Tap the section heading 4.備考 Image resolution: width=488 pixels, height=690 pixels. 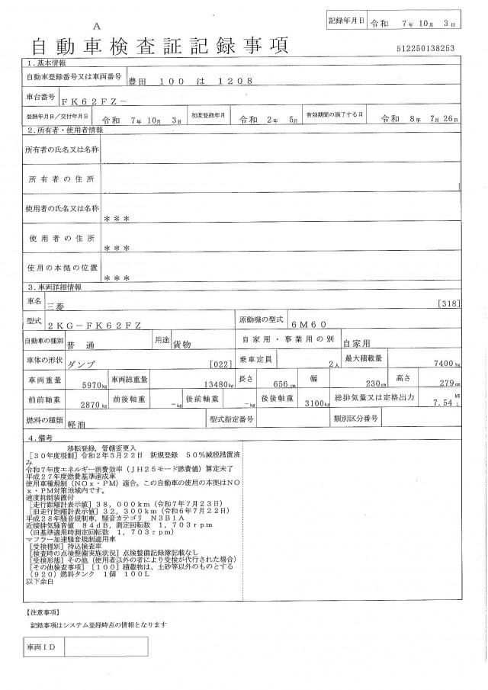[43, 438]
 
